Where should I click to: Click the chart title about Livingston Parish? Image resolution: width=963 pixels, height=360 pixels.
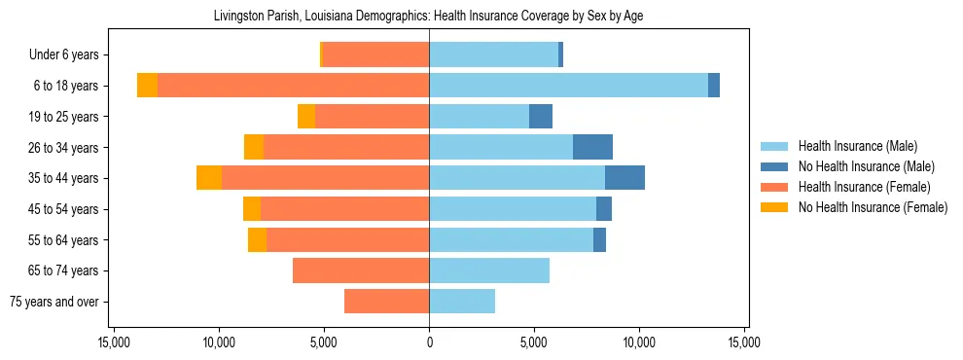pos(428,16)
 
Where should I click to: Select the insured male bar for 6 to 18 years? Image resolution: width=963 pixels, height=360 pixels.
pos(568,86)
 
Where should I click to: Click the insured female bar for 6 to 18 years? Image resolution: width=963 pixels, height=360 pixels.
pos(293,86)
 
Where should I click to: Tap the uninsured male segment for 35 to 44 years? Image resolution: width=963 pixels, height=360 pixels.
pos(624,178)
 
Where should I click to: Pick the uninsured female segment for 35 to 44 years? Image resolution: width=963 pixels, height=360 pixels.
pos(209,178)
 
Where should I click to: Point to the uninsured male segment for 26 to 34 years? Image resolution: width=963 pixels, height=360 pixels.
pos(592,147)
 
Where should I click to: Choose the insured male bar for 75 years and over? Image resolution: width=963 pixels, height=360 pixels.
pos(462,302)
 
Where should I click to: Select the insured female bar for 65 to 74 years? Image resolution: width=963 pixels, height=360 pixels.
pos(361,270)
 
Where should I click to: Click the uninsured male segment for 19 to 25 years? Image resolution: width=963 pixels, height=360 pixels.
pos(541,117)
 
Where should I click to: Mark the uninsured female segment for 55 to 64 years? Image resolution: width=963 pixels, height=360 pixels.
pos(257,239)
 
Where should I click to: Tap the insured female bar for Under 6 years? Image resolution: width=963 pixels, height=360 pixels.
pos(375,54)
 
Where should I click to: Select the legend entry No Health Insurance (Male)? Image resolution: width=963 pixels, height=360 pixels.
pos(866,166)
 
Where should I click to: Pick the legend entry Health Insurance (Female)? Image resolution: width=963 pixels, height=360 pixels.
pos(864,187)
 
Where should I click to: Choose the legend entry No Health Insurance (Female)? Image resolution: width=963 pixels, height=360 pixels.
pos(873,207)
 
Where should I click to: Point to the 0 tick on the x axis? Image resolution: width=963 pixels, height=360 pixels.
pos(429,343)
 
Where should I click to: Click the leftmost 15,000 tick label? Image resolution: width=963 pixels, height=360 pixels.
pos(114,343)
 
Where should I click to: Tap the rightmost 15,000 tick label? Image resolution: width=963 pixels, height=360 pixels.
pos(744,343)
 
